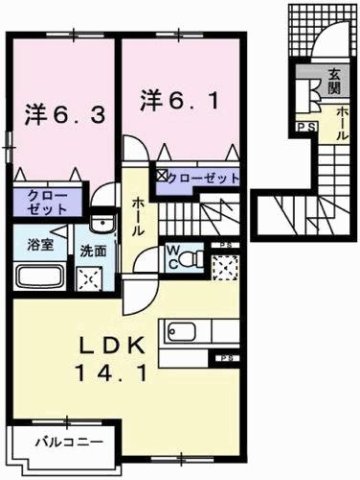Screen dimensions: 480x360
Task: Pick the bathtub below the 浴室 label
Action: (x=38, y=276)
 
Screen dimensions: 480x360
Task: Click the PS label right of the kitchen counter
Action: (x=229, y=358)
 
